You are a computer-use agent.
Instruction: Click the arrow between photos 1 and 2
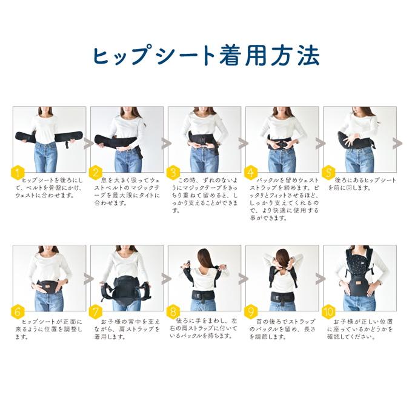87,144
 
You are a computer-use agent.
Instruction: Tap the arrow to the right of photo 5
398,144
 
